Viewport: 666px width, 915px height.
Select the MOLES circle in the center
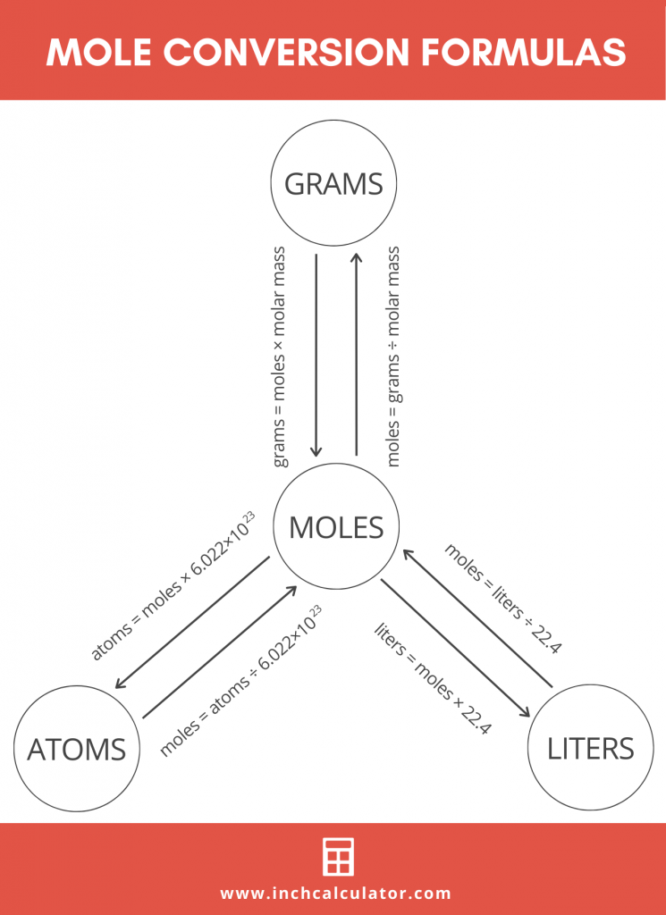tap(336, 527)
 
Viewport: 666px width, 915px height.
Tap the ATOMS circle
tap(77, 748)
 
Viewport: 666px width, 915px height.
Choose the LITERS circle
tap(591, 748)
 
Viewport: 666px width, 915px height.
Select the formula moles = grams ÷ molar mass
tap(392, 356)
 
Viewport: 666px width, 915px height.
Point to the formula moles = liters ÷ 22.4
tap(503, 598)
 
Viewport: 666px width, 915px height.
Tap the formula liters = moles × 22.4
tap(433, 679)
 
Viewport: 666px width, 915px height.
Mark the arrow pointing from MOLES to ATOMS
tap(192, 624)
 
